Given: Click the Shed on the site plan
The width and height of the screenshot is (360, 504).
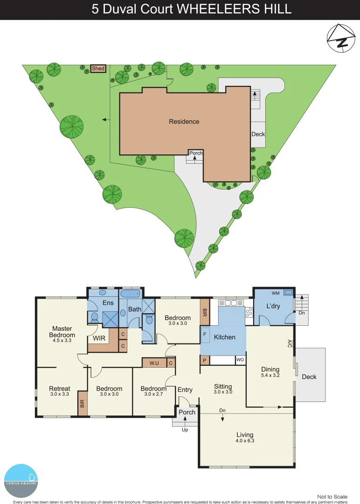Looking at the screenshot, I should (x=98, y=69).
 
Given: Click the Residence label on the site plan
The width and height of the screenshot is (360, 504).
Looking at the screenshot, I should (x=184, y=121).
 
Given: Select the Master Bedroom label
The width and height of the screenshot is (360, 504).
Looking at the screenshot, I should (x=62, y=332).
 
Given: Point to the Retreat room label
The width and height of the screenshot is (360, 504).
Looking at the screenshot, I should (x=60, y=388).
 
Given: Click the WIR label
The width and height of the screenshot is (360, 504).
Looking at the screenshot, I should (x=99, y=338).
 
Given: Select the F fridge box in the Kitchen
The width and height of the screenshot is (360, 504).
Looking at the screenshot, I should (x=204, y=334).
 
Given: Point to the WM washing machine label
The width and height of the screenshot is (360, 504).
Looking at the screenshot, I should (x=276, y=293).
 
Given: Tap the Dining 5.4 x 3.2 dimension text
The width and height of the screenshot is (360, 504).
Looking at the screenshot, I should (x=270, y=376).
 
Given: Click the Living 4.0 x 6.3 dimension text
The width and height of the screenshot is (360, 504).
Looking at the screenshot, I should (x=245, y=440).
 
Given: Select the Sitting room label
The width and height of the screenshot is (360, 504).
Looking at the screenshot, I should (x=223, y=386).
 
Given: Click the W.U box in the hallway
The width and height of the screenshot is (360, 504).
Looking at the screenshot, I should (x=154, y=363).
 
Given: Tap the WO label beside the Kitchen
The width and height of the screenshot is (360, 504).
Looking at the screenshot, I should (x=241, y=360).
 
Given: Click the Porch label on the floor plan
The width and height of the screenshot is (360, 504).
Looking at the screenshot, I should (x=187, y=412).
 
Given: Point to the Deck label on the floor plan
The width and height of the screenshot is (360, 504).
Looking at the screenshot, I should (x=309, y=377).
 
